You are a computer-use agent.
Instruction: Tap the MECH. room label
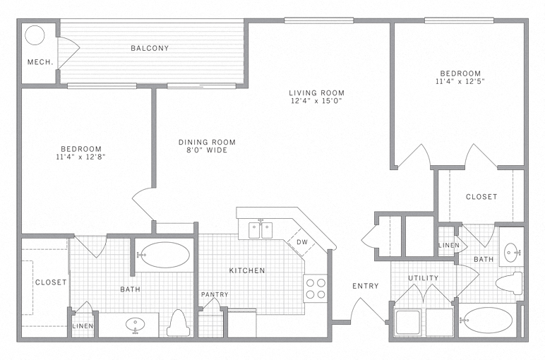click(40, 62)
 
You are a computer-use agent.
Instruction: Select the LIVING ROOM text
click(316, 92)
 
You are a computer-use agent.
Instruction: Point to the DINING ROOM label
click(207, 142)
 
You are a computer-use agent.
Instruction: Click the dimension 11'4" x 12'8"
click(83, 157)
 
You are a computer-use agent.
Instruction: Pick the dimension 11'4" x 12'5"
click(460, 81)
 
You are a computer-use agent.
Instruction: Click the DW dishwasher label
click(301, 242)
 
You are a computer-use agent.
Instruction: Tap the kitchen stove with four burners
click(315, 289)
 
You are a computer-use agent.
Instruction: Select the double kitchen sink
click(260, 230)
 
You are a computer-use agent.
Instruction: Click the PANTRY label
click(214, 294)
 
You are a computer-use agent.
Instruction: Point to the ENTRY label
click(366, 286)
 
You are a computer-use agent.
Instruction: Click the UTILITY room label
click(423, 278)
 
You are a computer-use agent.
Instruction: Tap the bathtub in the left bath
click(162, 255)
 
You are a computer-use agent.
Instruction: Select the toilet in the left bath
click(179, 323)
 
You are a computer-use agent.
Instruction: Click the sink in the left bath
click(135, 325)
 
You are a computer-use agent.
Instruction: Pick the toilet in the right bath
click(510, 283)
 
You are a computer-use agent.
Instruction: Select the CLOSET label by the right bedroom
click(481, 197)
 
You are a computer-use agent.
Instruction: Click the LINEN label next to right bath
click(449, 246)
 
